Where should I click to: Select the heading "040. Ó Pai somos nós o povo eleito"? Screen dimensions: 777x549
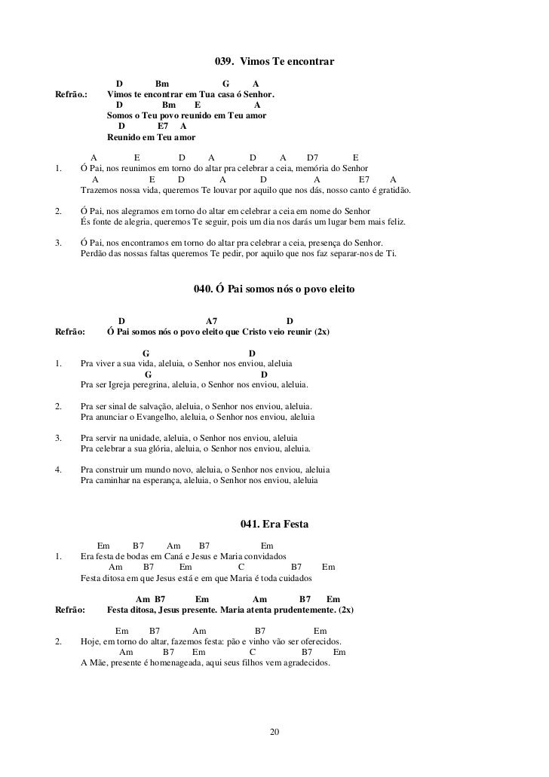click(274, 289)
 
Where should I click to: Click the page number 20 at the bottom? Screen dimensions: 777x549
click(274, 732)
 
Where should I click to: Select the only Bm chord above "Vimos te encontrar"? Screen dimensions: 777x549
click(162, 84)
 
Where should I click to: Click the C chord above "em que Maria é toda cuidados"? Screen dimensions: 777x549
click(241, 567)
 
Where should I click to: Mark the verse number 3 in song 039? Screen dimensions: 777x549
click(59, 243)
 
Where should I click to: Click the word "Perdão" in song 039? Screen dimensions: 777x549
click(94, 254)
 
